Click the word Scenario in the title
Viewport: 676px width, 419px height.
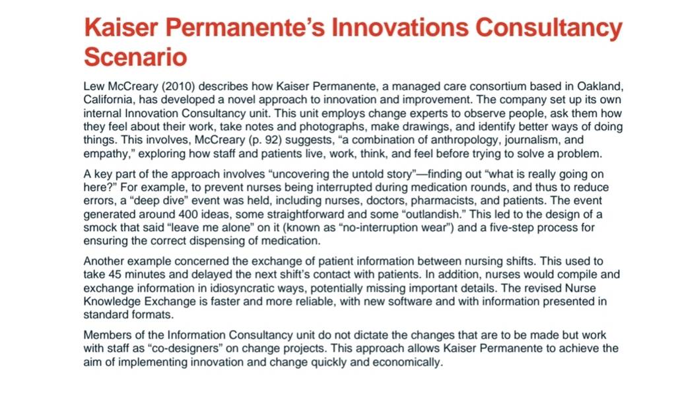point(135,57)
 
